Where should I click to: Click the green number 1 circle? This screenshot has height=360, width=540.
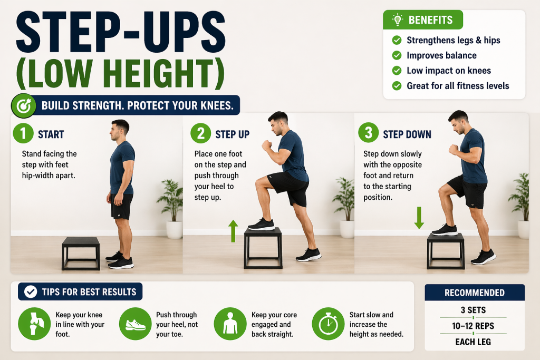pyautogui.click(x=23, y=133)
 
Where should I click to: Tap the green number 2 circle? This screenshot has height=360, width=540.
pyautogui.click(x=200, y=133)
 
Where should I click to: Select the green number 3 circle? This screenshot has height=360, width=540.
pyautogui.click(x=368, y=132)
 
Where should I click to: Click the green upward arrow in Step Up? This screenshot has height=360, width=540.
pyautogui.click(x=233, y=231)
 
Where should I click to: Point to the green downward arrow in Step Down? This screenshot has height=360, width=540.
pyautogui.click(x=419, y=218)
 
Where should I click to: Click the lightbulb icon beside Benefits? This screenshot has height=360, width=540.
pyautogui.click(x=398, y=20)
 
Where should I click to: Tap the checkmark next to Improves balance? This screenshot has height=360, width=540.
pyautogui.click(x=397, y=55)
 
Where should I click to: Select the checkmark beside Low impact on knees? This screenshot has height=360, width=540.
pyautogui.click(x=397, y=71)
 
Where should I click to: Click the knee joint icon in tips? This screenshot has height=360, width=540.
pyautogui.click(x=34, y=324)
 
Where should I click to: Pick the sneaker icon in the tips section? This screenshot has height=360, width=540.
pyautogui.click(x=136, y=324)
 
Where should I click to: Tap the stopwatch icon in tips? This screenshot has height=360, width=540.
pyautogui.click(x=328, y=324)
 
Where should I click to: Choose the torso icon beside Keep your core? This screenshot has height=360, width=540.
pyautogui.click(x=230, y=324)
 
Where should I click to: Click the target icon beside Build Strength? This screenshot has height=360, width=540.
pyautogui.click(x=23, y=106)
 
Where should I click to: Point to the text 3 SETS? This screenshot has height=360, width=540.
pyautogui.click(x=473, y=310)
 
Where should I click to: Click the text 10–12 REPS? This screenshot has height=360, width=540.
pyautogui.click(x=473, y=326)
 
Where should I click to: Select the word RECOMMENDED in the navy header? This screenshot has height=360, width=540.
pyautogui.click(x=475, y=293)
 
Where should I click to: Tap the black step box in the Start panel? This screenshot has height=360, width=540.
pyautogui.click(x=81, y=254)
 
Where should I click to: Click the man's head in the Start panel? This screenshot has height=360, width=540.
pyautogui.click(x=119, y=130)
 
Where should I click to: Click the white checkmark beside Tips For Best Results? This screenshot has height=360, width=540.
pyautogui.click(x=31, y=292)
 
